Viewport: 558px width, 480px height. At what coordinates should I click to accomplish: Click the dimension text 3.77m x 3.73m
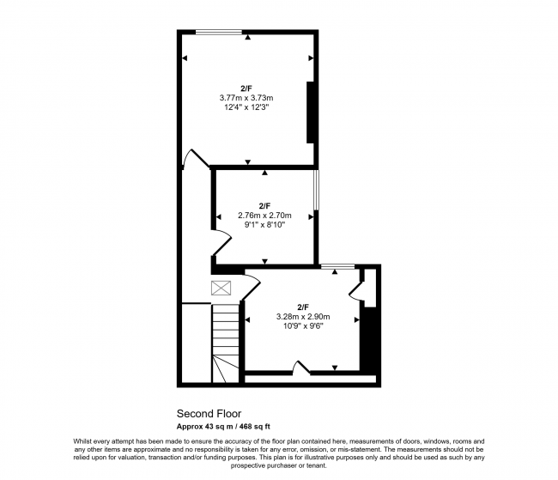click(x=246, y=99)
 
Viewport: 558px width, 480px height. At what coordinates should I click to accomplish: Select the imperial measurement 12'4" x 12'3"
click(x=246, y=109)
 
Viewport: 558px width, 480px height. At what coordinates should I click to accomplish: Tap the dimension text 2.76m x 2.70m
click(x=264, y=216)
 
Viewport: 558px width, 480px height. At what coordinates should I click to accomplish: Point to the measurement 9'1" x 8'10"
click(x=264, y=226)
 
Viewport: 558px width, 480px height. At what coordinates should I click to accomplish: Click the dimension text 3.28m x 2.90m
click(x=303, y=317)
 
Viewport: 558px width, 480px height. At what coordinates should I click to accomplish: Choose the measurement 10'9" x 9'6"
click(x=303, y=327)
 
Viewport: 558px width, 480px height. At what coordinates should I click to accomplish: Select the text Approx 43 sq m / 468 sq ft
click(x=223, y=426)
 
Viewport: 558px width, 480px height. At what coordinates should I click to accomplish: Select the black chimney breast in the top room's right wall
click(x=311, y=112)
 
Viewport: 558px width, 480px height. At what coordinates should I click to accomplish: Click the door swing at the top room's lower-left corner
click(x=194, y=159)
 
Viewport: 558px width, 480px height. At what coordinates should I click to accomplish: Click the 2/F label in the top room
click(x=246, y=88)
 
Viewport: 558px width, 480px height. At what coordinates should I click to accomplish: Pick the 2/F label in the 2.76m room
click(x=264, y=205)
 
